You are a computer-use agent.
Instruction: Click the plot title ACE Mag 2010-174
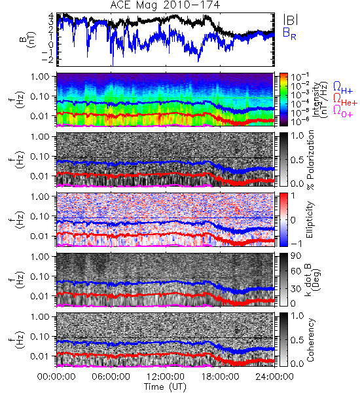165,5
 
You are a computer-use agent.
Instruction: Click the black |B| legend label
290,20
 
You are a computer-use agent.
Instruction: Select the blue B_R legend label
289,33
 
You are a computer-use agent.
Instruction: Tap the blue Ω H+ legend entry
343,88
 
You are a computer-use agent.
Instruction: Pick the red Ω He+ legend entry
345,100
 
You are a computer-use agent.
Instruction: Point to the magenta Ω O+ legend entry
343,111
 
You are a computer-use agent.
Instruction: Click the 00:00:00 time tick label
56,377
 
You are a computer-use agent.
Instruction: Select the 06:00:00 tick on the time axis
111,377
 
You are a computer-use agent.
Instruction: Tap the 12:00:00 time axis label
166,377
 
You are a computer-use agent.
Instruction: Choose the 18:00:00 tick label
220,377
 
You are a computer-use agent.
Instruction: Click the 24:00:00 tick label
274,377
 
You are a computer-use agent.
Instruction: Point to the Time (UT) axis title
165,386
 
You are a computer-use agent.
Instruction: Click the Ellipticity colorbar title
310,219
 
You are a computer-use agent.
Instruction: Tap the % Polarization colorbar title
310,160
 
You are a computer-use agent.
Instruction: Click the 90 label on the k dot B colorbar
296,256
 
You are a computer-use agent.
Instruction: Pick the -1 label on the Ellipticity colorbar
296,244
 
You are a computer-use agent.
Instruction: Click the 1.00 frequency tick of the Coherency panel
41,316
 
